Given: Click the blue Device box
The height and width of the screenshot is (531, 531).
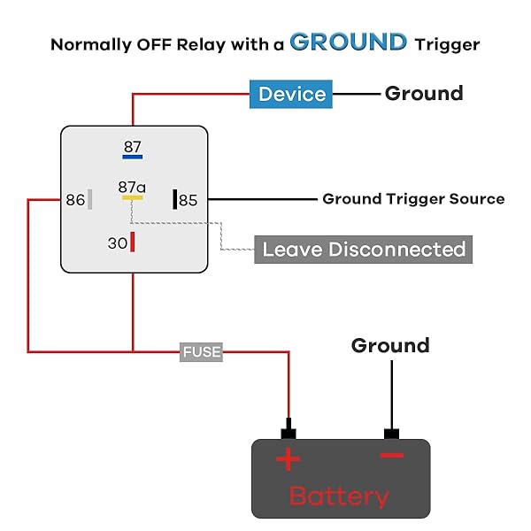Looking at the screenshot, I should [x=292, y=94].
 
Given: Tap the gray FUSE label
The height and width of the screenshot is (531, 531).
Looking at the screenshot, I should [x=201, y=352].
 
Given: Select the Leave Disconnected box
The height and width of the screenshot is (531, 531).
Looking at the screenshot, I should [x=363, y=249].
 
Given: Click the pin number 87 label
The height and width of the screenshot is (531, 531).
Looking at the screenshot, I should [x=132, y=147].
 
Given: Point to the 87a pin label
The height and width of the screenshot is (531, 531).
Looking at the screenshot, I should [x=132, y=187].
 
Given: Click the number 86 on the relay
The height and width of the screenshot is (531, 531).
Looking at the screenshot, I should [x=75, y=200].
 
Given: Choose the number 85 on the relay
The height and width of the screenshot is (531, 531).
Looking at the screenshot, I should [x=189, y=200].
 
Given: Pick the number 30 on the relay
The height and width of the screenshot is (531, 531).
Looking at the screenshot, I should [x=118, y=242].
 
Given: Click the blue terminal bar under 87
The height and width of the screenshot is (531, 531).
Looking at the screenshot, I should [x=132, y=158].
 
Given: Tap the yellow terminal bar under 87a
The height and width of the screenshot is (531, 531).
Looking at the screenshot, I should [x=132, y=197].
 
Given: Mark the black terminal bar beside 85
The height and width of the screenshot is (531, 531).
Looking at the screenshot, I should [x=175, y=199].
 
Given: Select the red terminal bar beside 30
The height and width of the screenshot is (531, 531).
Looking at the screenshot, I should [x=133, y=242].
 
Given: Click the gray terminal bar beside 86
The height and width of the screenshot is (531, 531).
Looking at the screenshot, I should [x=89, y=199].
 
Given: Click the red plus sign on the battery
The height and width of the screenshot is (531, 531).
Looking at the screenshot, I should [x=289, y=459].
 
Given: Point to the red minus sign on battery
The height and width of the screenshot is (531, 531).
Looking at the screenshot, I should [x=391, y=456].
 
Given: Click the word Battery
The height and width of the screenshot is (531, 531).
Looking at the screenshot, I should [x=339, y=496].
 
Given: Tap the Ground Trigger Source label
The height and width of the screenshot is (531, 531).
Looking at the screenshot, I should [x=413, y=199].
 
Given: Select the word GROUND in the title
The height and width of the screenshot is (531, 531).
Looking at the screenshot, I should [x=349, y=42].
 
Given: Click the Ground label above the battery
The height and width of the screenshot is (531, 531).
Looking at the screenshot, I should [x=390, y=345].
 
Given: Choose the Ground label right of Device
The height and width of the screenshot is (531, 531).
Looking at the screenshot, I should [x=424, y=94].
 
